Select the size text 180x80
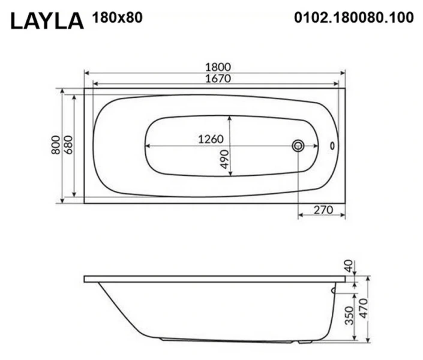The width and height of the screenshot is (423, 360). (x=118, y=17)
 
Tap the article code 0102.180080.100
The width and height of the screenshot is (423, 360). (x=354, y=17)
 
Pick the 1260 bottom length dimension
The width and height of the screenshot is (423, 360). (x=211, y=139)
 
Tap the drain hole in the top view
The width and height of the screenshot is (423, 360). (x=298, y=145)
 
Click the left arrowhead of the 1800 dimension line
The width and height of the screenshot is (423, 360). (x=86, y=73)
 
